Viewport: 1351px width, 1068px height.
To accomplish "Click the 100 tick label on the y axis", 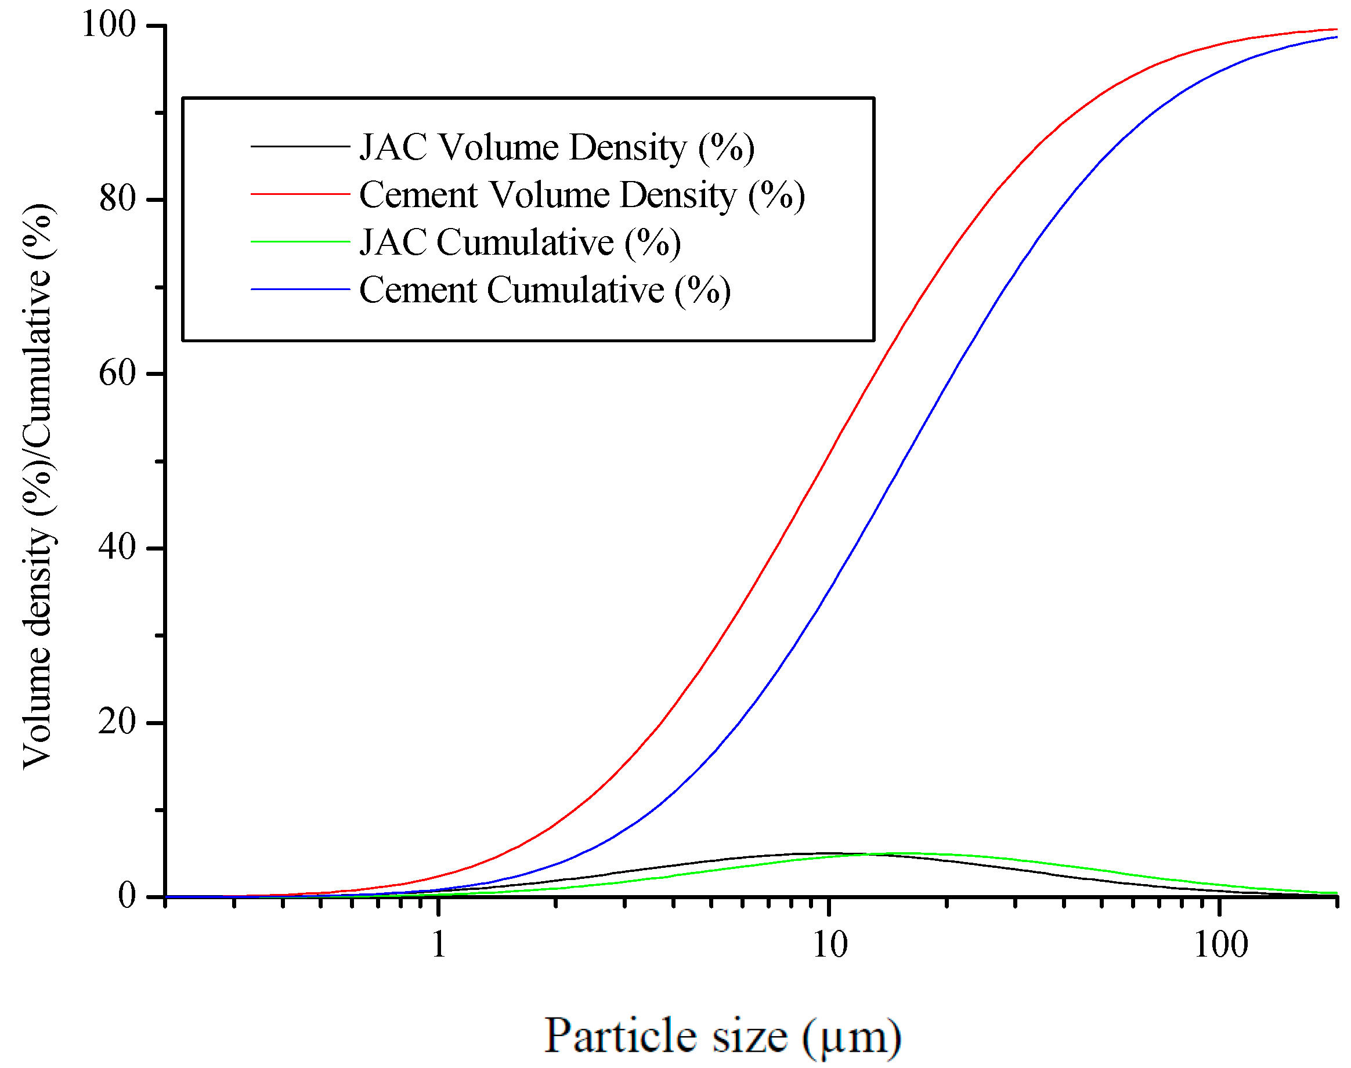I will (108, 25).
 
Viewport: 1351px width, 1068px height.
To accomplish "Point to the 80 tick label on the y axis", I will (117, 199).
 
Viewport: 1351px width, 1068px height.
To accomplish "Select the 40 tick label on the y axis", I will (117, 548).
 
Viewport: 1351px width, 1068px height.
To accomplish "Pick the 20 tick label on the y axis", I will (117, 722).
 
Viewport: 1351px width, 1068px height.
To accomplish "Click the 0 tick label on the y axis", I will (127, 896).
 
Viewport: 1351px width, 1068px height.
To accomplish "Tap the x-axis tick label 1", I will (439, 944).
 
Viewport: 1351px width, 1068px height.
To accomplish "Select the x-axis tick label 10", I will (830, 944).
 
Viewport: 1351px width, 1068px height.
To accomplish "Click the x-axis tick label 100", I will (1220, 944).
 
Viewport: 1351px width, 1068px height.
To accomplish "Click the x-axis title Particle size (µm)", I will (723, 1036).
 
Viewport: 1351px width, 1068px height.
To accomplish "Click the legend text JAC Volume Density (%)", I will (557, 147).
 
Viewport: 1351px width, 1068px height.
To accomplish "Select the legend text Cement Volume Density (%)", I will (581, 194).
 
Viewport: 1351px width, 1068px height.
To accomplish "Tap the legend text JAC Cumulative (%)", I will (520, 242).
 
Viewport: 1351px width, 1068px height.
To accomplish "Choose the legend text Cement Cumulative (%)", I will (545, 289).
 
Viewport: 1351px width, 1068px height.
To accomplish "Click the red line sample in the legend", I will (299, 194).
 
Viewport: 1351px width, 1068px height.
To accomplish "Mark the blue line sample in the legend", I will (299, 289).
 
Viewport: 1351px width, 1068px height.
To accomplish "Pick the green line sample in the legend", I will (299, 242).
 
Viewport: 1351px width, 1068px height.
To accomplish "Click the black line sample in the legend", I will (299, 146).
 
